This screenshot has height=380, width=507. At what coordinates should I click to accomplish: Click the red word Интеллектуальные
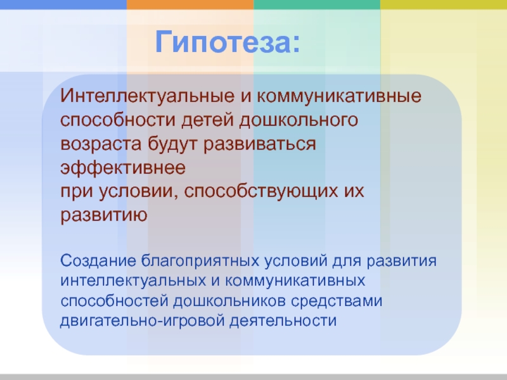pyautogui.click(x=147, y=96)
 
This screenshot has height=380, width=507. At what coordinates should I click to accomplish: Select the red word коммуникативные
pyautogui.click(x=339, y=96)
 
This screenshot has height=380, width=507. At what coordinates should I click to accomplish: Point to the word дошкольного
pyautogui.click(x=298, y=120)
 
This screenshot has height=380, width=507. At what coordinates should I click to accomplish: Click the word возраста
pyautogui.click(x=101, y=144)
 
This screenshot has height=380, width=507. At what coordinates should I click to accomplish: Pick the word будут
pyautogui.click(x=172, y=143)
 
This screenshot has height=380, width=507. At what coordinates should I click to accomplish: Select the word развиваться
pyautogui.click(x=260, y=144)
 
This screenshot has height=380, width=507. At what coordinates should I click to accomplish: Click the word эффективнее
pyautogui.click(x=123, y=167)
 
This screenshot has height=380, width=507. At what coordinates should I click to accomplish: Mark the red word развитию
pyautogui.click(x=104, y=215)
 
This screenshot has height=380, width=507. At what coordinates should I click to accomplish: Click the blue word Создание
pyautogui.click(x=98, y=261)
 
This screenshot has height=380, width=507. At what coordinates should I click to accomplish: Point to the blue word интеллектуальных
pyautogui.click(x=133, y=281)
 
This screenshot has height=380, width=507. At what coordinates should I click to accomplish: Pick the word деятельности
pyautogui.click(x=283, y=321)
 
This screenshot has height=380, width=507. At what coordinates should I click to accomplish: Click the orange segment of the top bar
pyautogui.click(x=190, y=4)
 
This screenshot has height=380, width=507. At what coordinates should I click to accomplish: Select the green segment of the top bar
pyautogui.click(x=317, y=4)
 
